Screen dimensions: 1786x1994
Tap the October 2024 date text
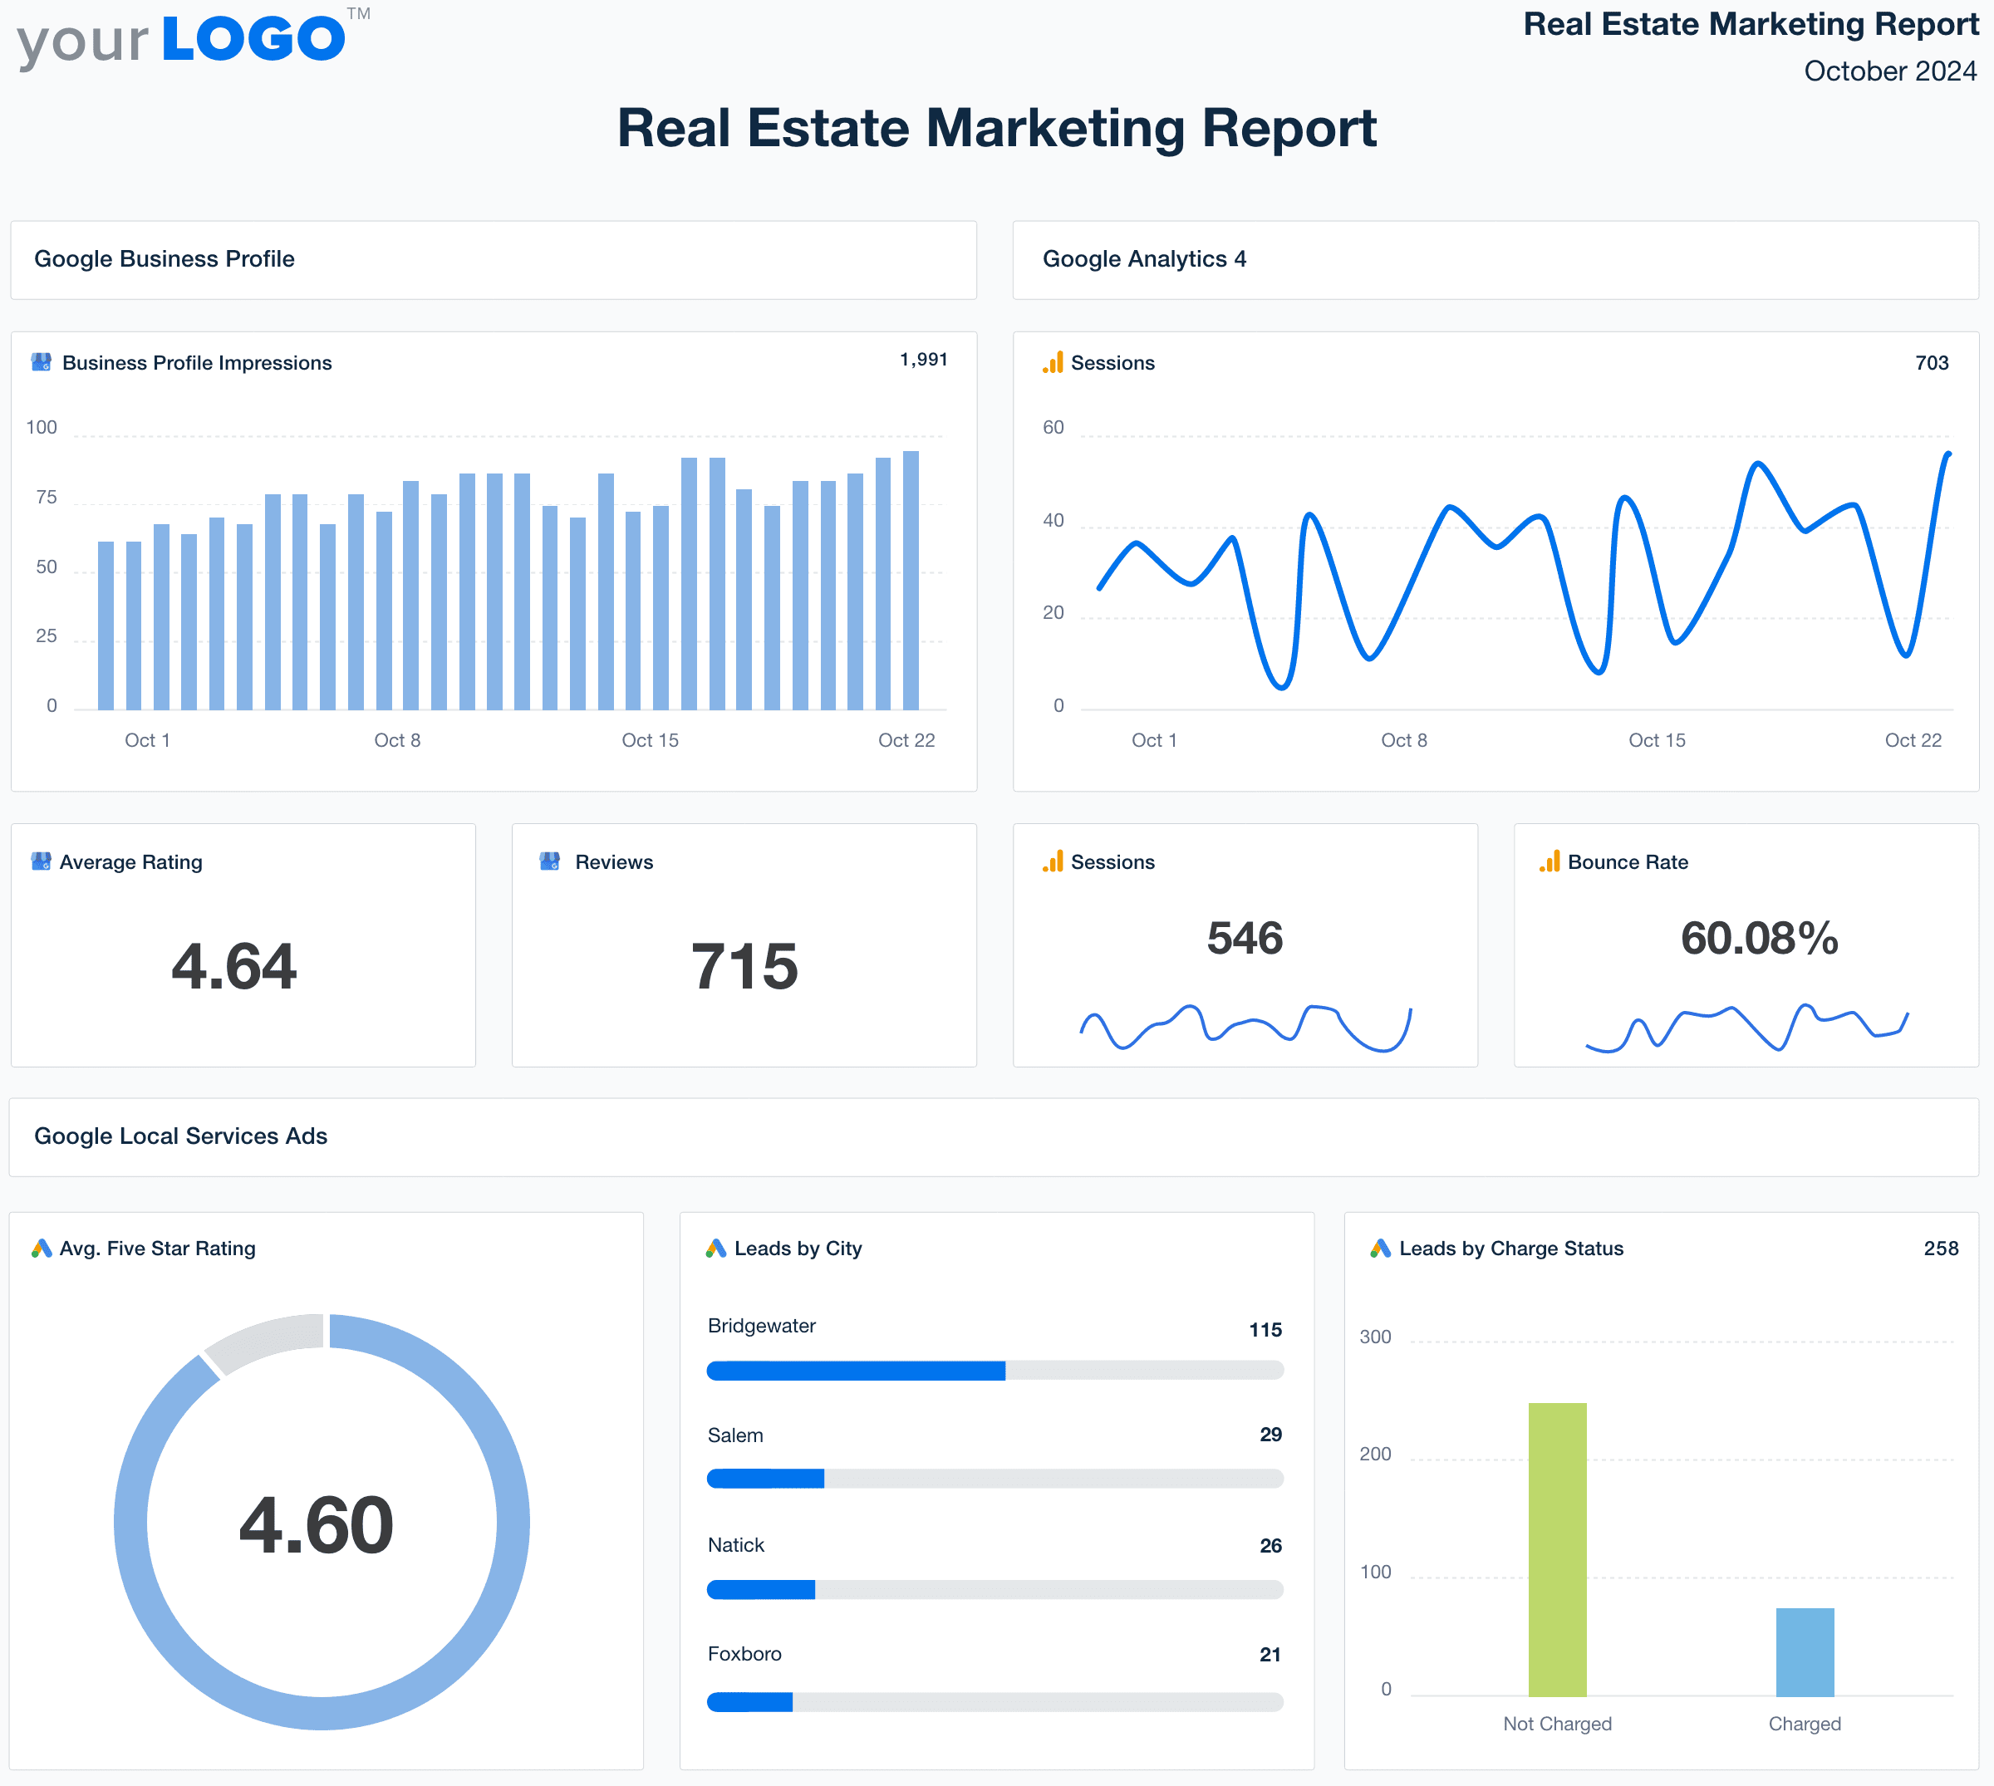[1889, 71]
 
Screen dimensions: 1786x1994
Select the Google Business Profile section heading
[164, 259]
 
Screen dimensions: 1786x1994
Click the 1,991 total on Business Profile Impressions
[923, 361]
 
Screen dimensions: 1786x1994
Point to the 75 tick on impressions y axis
[47, 498]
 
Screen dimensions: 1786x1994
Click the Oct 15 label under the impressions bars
[650, 740]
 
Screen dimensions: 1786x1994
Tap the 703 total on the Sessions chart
[1931, 363]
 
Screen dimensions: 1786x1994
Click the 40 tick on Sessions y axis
[1053, 520]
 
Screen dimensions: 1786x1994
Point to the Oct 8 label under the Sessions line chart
[1403, 740]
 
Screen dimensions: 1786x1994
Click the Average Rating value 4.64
[233, 967]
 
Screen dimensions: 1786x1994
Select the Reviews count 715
[744, 967]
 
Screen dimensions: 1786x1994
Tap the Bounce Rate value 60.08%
[1759, 938]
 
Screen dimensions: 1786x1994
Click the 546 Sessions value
[1245, 938]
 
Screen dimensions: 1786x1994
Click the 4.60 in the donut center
[316, 1525]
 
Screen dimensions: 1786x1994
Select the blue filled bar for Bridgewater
[856, 1371]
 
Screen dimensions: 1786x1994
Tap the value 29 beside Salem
[1270, 1435]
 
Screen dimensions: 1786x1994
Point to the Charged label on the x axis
[1804, 1725]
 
